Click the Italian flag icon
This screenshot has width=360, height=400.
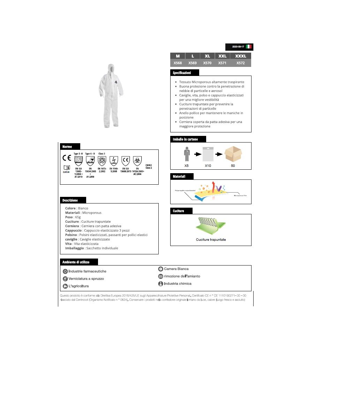pyautogui.click(x=249, y=46)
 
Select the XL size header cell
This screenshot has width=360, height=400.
pyautogui.click(x=207, y=56)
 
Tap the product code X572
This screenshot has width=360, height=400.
pyautogui.click(x=240, y=63)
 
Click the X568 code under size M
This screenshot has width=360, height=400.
pyautogui.click(x=178, y=63)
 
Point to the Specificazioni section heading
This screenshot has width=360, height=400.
pyautogui.click(x=182, y=73)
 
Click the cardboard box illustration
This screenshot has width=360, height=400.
pyautogui.click(x=233, y=154)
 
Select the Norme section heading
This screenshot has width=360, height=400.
pyautogui.click(x=67, y=147)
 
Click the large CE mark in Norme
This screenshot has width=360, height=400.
pyautogui.click(x=67, y=158)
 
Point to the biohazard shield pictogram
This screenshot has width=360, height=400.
pyautogui.click(x=137, y=161)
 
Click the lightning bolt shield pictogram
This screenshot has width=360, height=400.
pyautogui.click(x=114, y=161)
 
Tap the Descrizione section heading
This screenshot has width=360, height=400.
pyautogui.click(x=70, y=200)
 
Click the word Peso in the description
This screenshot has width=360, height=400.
pyautogui.click(x=69, y=217)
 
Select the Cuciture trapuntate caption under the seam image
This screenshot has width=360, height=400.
pyautogui.click(x=211, y=240)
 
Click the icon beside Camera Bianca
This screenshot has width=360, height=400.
pyautogui.click(x=160, y=269)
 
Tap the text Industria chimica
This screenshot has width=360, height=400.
pyautogui.click(x=178, y=284)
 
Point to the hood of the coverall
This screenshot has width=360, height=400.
pyautogui.click(x=111, y=68)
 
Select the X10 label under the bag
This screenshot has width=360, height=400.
pyautogui.click(x=208, y=166)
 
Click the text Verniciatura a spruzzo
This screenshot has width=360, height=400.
pyautogui.click(x=86, y=279)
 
